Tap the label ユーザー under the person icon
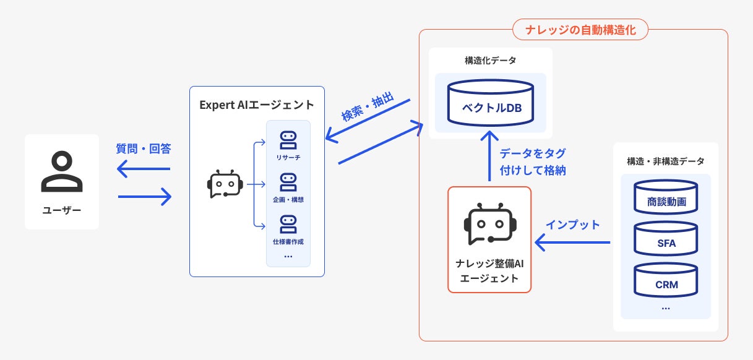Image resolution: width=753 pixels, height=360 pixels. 62,210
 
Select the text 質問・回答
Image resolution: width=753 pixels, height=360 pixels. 144,149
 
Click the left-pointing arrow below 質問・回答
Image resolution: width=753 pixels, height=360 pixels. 144,168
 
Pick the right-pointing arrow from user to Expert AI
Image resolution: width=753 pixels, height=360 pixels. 144,197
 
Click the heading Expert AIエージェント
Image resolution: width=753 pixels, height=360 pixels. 257,105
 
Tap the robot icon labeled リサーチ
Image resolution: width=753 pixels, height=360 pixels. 288,140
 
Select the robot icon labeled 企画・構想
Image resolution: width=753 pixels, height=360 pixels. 288,182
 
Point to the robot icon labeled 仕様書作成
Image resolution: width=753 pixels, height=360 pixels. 288,223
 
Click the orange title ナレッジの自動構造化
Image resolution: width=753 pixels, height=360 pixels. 580,29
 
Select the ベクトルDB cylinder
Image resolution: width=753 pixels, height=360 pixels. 491,102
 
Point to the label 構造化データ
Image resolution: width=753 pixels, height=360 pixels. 490,61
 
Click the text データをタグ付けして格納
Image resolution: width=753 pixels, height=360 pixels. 532,162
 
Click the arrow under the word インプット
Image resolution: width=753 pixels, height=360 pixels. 572,243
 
